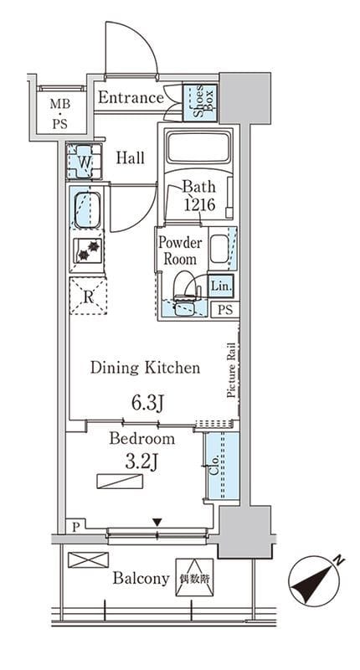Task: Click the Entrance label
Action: (x=131, y=97)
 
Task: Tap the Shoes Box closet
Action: (x=200, y=102)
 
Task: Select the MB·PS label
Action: (x=60, y=114)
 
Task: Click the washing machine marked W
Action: (x=85, y=162)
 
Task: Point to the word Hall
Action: (x=131, y=158)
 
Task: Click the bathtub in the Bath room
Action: (x=199, y=147)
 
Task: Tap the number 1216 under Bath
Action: (x=199, y=205)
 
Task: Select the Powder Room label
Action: (x=180, y=250)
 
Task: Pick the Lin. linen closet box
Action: (x=221, y=286)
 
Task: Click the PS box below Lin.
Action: (x=225, y=310)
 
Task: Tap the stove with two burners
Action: (x=88, y=250)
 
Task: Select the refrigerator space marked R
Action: (x=88, y=296)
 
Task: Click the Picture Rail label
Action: (x=231, y=370)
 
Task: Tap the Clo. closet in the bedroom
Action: (x=222, y=466)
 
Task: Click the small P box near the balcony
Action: (x=75, y=527)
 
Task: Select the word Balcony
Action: (x=141, y=579)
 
